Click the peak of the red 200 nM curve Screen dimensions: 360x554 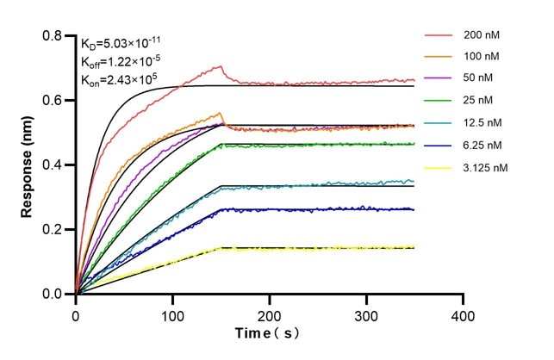point(221,65)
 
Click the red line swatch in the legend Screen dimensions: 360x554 point(438,36)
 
